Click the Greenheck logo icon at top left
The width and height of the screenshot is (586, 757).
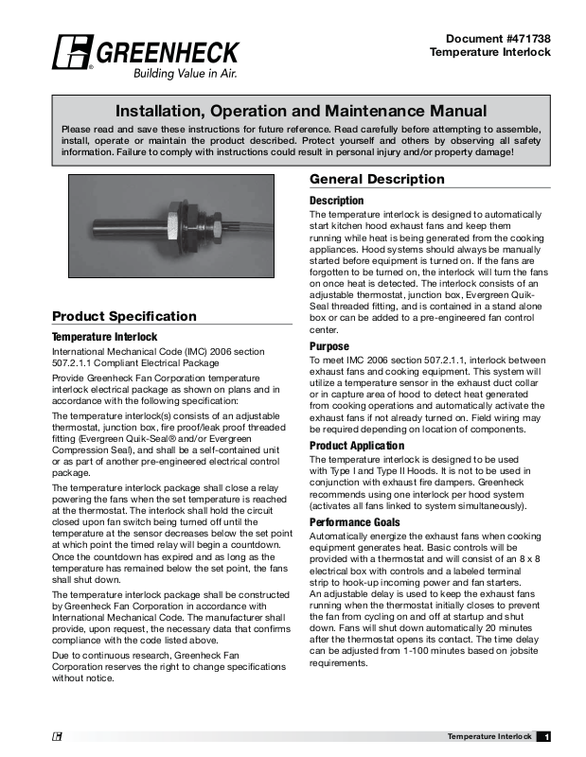pos(72,54)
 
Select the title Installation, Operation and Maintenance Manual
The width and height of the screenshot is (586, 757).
pos(300,112)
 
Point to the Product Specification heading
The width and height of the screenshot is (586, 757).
pos(124,316)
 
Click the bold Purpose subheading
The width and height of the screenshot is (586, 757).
pos(329,347)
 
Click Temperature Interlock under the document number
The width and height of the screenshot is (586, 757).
pos(490,52)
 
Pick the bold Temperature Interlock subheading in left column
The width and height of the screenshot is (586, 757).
pos(104,336)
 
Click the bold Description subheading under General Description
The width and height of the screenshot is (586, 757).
pos(336,201)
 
